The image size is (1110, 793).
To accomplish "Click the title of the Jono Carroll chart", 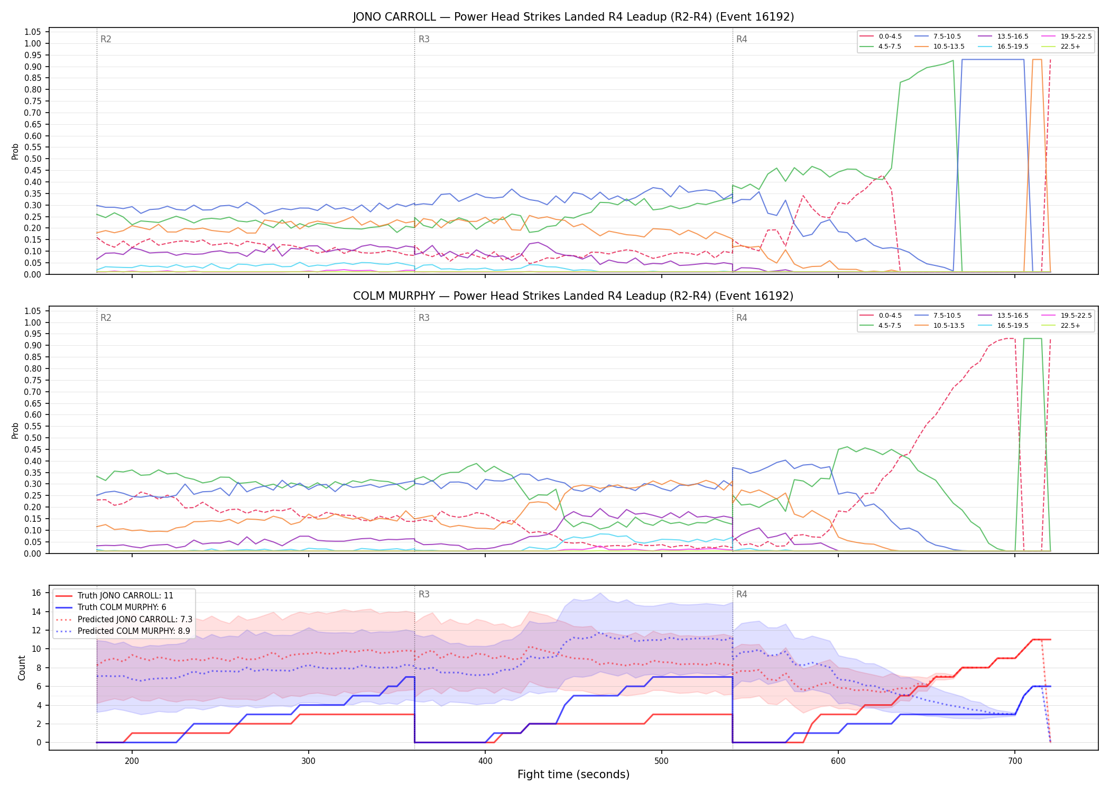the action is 573,17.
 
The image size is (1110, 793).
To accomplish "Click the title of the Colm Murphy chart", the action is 573,296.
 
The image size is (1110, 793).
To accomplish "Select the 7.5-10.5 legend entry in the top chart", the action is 938,36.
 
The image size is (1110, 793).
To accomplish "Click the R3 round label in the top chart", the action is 424,39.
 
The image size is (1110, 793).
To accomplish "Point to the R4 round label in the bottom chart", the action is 742,594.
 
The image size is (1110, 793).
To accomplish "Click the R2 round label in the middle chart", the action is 106,318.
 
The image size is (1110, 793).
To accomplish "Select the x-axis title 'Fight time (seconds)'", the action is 573,774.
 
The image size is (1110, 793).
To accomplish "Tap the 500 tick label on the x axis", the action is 661,761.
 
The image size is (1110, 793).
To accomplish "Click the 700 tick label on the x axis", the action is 1015,761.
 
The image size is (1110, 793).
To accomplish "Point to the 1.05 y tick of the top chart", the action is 33,32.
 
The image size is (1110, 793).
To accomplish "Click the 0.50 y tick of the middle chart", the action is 33,438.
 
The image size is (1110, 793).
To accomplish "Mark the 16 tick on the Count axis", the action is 36,593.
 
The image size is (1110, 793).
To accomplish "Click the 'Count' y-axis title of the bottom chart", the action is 22,668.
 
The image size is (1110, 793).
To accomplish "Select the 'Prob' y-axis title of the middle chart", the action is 15,430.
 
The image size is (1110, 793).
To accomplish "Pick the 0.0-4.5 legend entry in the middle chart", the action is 880,316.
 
